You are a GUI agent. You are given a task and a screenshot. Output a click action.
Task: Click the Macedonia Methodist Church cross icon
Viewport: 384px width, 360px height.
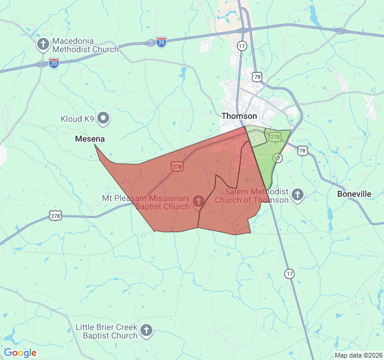43,44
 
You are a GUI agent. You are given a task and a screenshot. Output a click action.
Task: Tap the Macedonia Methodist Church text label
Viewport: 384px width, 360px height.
85,45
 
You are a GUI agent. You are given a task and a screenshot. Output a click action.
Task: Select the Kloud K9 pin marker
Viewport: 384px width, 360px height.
103,118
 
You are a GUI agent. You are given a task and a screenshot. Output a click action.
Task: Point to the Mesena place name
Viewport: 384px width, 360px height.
90,139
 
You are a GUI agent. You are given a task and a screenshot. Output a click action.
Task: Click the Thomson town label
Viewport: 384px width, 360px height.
239,116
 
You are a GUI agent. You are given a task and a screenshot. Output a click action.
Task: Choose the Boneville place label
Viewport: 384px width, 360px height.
354,194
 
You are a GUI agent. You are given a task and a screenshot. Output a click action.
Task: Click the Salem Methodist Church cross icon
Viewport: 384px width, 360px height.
298,194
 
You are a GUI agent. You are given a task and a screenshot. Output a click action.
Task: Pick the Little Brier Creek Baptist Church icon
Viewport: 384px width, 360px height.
146,330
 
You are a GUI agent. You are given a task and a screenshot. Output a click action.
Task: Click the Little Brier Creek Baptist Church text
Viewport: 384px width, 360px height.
107,331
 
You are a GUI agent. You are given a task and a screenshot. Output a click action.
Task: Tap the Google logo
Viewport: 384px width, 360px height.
20,353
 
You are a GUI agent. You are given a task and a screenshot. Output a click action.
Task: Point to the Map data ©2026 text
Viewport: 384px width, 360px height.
358,355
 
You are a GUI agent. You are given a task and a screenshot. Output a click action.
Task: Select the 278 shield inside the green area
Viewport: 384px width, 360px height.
275,137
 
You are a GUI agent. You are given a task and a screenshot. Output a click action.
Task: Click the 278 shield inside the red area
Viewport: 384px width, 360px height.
176,167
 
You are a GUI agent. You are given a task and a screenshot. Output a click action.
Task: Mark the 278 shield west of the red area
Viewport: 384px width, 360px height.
56,215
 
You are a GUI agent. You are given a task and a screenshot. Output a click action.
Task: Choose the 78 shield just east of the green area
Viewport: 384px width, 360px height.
302,151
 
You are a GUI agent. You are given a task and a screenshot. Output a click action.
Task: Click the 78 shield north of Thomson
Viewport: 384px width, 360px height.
257,77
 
